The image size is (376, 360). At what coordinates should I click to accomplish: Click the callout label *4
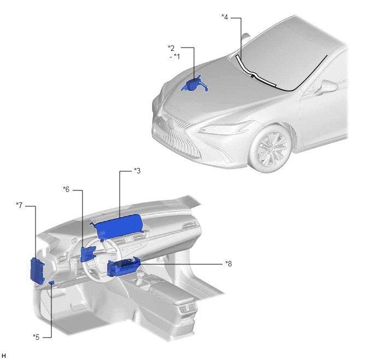pyautogui.click(x=225, y=18)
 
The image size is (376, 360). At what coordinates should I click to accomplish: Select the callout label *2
pyautogui.click(x=171, y=48)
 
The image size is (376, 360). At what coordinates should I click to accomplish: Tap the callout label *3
pyautogui.click(x=137, y=171)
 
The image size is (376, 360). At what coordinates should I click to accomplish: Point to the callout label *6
pyautogui.click(x=66, y=190)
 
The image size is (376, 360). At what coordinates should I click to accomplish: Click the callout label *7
pyautogui.click(x=19, y=205)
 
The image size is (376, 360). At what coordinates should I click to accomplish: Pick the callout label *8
pyautogui.click(x=228, y=264)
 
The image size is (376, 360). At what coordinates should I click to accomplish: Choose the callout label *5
pyautogui.click(x=36, y=337)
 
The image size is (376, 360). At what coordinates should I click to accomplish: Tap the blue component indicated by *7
pyautogui.click(x=38, y=271)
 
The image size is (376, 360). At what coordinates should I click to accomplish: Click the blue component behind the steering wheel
pyautogui.click(x=87, y=254)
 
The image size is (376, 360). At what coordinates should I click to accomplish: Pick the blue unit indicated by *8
pyautogui.click(x=123, y=266)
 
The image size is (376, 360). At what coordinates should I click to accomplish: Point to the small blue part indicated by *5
pyautogui.click(x=51, y=282)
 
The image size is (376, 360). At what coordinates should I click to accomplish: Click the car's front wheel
pyautogui.click(x=270, y=148)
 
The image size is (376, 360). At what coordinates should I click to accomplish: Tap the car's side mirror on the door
pyautogui.click(x=327, y=87)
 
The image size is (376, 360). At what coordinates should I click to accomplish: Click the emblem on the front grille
pyautogui.click(x=171, y=123)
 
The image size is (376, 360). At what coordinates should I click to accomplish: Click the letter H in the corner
pyautogui.click(x=3, y=356)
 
